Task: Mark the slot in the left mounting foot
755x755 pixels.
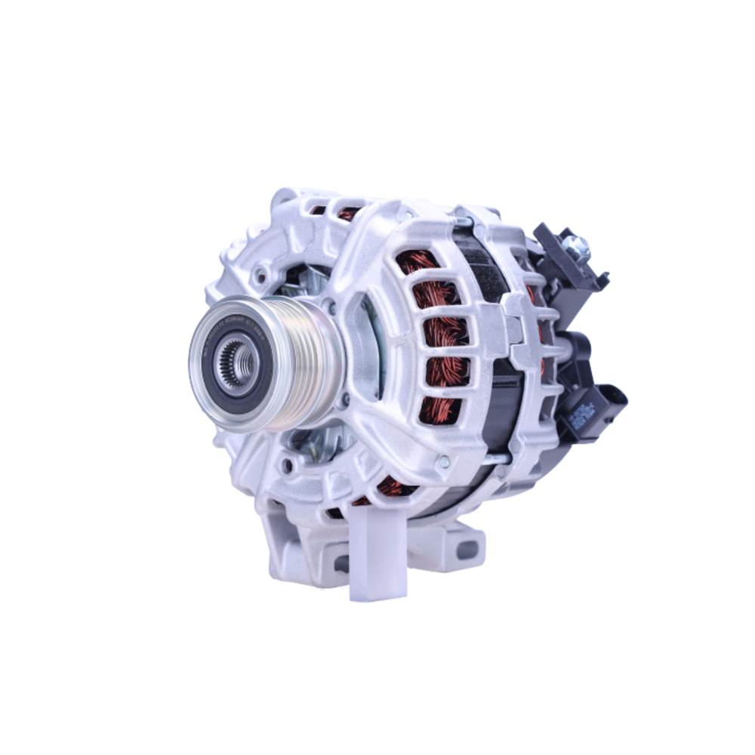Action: point(341,563)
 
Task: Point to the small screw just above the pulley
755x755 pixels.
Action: point(330,306)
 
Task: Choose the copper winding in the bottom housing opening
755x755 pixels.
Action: point(393,487)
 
